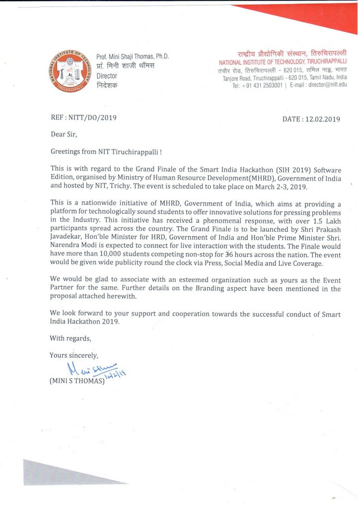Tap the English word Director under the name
(107, 76)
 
